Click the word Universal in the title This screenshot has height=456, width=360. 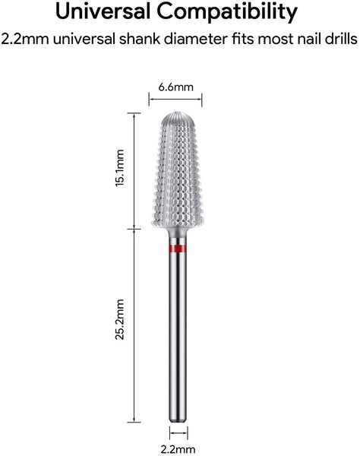pyautogui.click(x=103, y=11)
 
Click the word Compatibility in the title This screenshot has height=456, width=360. pyautogui.click(x=227, y=13)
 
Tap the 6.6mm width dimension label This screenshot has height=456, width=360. pyautogui.click(x=175, y=87)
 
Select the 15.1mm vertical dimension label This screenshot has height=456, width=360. pyautogui.click(x=120, y=168)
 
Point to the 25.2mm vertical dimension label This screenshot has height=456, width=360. pyautogui.click(x=120, y=319)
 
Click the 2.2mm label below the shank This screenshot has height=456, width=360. pyautogui.click(x=178, y=449)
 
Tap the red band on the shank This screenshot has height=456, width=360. pyautogui.click(x=178, y=249)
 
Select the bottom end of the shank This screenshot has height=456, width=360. pyautogui.click(x=178, y=421)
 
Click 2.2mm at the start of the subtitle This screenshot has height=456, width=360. pyautogui.click(x=25, y=39)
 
